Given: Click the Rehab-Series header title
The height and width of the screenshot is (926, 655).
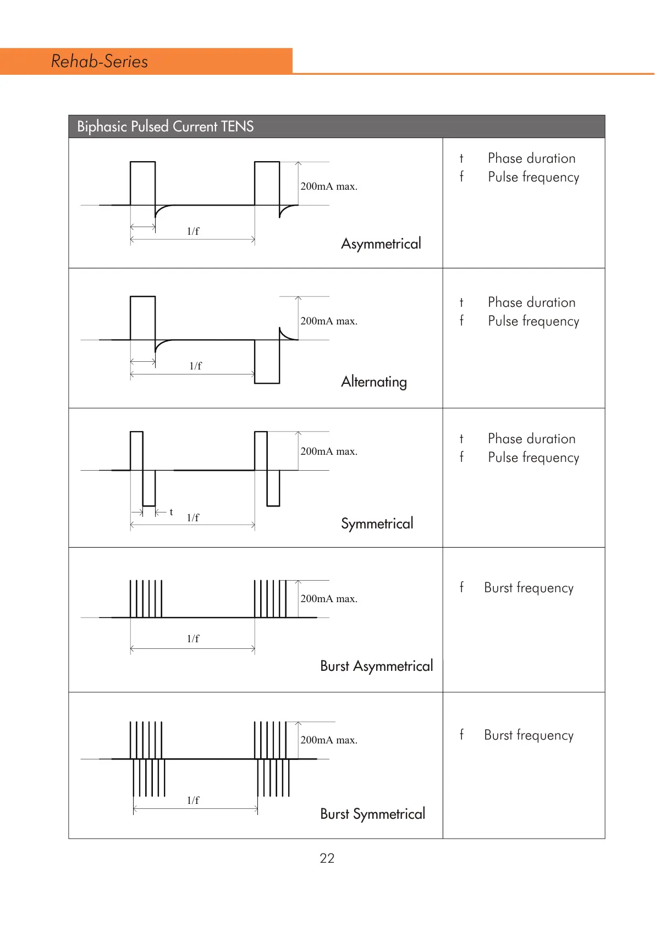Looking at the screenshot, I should pyautogui.click(x=100, y=61).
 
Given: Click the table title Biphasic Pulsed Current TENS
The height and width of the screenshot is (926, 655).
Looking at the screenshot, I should pyautogui.click(x=165, y=126).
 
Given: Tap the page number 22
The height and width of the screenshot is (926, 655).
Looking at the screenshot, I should pyautogui.click(x=327, y=858).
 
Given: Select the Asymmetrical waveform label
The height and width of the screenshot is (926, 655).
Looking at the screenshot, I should pyautogui.click(x=381, y=244).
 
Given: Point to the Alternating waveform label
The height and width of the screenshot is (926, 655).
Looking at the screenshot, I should pyautogui.click(x=374, y=382).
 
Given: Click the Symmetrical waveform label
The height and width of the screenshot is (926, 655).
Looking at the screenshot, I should pyautogui.click(x=377, y=523).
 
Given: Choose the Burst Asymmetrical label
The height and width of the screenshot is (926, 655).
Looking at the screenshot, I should pyautogui.click(x=376, y=666).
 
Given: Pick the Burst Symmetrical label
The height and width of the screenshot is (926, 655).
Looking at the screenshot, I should pyautogui.click(x=372, y=814).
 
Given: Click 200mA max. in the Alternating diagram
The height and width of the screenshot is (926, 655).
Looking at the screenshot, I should pyautogui.click(x=329, y=321).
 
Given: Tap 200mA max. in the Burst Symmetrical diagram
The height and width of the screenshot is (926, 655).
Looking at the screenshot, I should pyautogui.click(x=329, y=740).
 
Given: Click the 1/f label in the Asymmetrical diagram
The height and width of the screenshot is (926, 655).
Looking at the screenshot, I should pyautogui.click(x=193, y=232).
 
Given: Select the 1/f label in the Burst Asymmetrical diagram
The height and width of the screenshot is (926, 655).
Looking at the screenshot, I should pyautogui.click(x=193, y=639).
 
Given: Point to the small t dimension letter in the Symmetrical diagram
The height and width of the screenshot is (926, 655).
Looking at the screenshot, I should pyautogui.click(x=171, y=512).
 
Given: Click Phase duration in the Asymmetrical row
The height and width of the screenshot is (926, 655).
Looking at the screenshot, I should pyautogui.click(x=531, y=158).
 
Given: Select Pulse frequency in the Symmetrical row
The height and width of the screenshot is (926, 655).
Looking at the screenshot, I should pyautogui.click(x=533, y=458).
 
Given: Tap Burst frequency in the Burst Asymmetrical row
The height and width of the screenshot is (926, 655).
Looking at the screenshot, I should pyautogui.click(x=529, y=588).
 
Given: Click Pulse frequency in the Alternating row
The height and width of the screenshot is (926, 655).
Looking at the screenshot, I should pyautogui.click(x=533, y=321).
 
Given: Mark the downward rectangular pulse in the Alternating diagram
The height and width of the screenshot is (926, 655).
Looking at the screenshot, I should pyautogui.click(x=267, y=361).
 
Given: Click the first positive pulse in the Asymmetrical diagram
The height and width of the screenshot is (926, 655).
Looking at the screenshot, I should pyautogui.click(x=142, y=183).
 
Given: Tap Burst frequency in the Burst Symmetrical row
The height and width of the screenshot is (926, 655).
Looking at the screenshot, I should pyautogui.click(x=529, y=735).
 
